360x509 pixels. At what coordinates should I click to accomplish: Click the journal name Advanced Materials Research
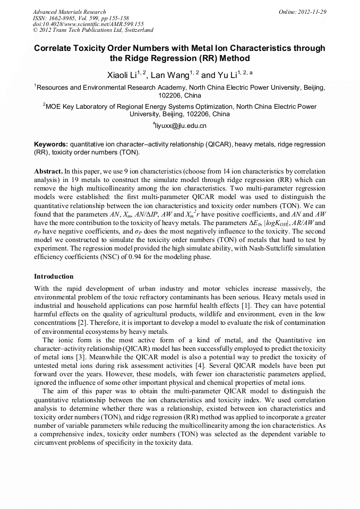coord(69,12)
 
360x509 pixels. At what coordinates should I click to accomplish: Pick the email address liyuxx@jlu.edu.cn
coord(181,126)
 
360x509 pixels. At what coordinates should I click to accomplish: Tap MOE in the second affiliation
coord(54,107)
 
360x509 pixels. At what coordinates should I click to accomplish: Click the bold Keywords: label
coord(51,144)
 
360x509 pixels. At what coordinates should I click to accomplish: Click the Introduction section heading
coord(54,277)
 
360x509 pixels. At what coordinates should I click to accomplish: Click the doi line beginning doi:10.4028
coord(88,24)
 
